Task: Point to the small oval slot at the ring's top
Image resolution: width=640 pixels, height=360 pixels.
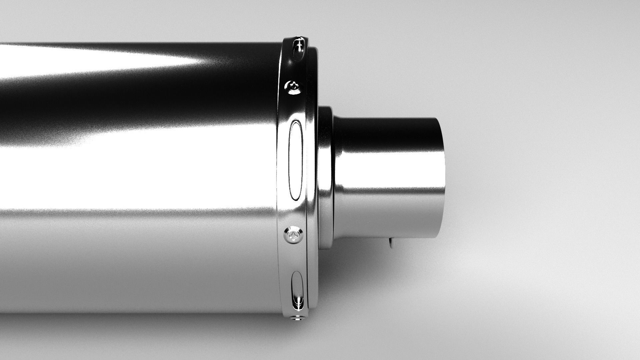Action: (299, 48)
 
